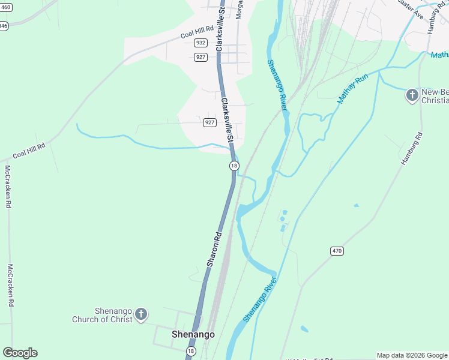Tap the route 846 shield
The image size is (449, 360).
3,26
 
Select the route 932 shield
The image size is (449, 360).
201,43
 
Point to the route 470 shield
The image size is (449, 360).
337,250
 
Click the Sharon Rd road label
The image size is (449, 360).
214,249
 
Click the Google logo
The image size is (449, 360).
20,353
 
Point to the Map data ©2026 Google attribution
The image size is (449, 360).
412,355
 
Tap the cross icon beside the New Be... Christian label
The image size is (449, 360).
412,95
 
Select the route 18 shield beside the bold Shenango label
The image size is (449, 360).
191,350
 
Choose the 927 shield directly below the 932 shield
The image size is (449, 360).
201,57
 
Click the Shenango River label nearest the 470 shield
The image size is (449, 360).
260,299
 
